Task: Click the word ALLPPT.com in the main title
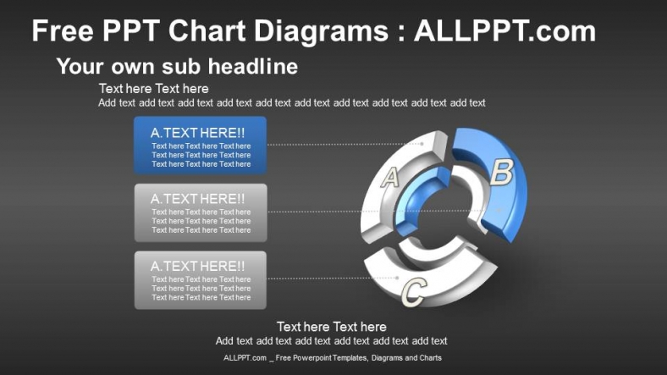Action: tap(504, 32)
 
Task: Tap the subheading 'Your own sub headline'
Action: tap(177, 66)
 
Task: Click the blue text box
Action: tap(200, 146)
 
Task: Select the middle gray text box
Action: tap(200, 212)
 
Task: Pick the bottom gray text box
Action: tap(200, 279)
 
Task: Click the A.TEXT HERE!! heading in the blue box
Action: tap(197, 132)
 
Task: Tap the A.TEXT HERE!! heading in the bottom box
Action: tap(197, 266)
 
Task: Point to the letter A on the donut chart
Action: tap(390, 177)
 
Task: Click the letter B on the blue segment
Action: tap(501, 173)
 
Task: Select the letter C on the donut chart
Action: tap(413, 292)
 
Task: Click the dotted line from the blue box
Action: tap(339, 144)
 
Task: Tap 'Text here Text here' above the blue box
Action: tap(153, 88)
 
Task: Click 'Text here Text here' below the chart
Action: tap(331, 327)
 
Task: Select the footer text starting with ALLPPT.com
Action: tap(332, 358)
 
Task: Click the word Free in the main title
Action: tap(61, 32)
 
